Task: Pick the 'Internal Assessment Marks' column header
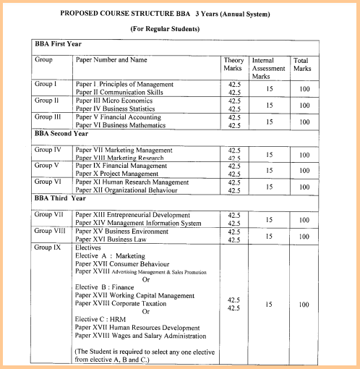[x=269, y=68]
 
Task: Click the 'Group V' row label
[x=48, y=166]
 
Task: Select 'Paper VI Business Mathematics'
[x=121, y=125]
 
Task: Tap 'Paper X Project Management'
[x=119, y=174]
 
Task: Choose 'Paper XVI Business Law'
[x=113, y=238]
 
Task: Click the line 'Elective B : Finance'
[x=110, y=287]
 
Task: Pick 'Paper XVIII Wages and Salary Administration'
[x=140, y=336]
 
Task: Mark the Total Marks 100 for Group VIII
[x=304, y=235]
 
